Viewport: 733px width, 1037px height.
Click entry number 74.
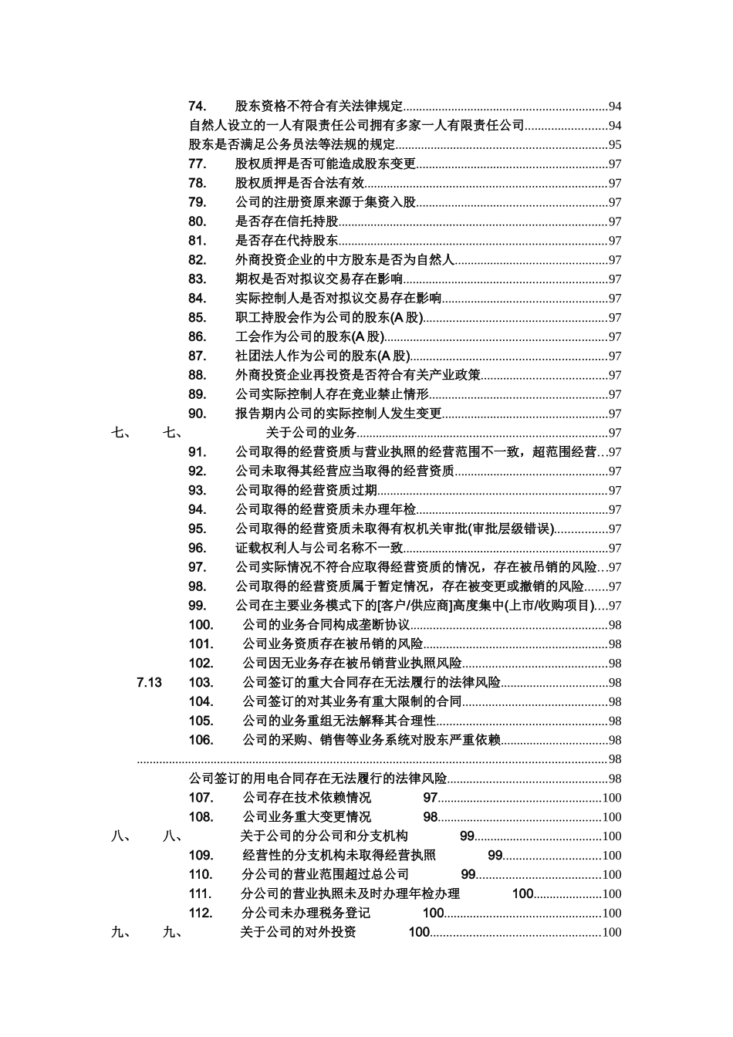(x=197, y=106)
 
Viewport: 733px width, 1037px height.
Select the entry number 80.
(x=197, y=221)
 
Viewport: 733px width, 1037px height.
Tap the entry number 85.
(x=197, y=318)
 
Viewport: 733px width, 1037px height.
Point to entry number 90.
(x=197, y=414)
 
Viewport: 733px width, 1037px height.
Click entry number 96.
(x=197, y=549)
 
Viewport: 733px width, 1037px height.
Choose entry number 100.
(x=201, y=625)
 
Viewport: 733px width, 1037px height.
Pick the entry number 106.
(x=201, y=740)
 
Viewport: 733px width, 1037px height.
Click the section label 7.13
(x=149, y=682)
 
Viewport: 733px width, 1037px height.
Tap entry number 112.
(x=201, y=913)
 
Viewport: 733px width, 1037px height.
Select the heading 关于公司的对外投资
(x=298, y=932)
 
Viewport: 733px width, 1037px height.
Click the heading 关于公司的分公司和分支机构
(x=324, y=836)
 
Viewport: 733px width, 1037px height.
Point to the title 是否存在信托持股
(x=287, y=221)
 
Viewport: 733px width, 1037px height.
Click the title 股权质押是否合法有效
(x=299, y=183)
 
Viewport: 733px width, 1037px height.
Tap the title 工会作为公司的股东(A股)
(x=309, y=337)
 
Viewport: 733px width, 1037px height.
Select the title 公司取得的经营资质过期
(x=306, y=491)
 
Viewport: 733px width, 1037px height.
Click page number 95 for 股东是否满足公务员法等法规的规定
(x=615, y=145)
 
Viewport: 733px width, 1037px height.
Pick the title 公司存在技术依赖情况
(x=306, y=798)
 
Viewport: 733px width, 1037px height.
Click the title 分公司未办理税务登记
(x=306, y=913)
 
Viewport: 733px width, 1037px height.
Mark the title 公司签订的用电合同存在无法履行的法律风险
(x=318, y=779)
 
